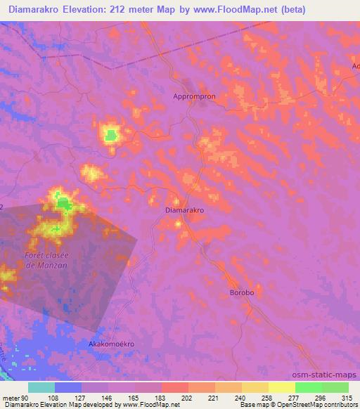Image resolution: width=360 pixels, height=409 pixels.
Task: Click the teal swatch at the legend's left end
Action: [x=41, y=387]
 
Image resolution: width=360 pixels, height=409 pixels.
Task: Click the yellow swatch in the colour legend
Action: [x=282, y=387]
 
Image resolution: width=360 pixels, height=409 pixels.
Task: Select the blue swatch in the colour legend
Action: [x=68, y=387]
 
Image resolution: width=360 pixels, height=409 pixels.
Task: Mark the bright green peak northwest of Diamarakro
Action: [x=110, y=134]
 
